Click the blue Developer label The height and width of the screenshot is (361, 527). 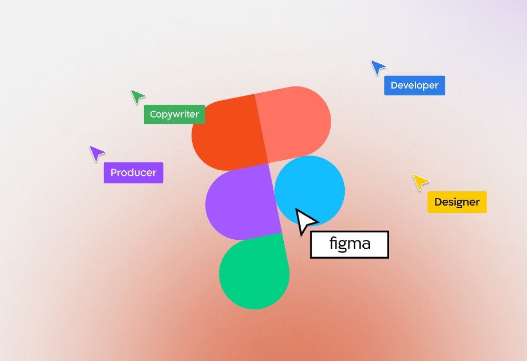pos(414,85)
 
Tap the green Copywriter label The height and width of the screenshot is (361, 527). pos(174,114)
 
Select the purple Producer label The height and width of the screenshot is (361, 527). pos(133,172)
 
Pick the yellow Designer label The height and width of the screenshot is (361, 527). pos(457,202)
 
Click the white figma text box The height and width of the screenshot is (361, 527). pos(350,245)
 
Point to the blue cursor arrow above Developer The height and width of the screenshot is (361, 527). pos(377,67)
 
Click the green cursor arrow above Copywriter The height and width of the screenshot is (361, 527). pos(137,96)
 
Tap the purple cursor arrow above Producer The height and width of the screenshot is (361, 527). pos(96,153)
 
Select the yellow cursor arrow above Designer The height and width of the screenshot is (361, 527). pos(420,182)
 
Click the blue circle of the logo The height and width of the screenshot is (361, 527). pos(310,191)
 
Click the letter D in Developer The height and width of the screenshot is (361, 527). pos(394,85)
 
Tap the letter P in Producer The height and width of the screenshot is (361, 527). pos(114,172)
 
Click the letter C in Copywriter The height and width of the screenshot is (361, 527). pos(153,114)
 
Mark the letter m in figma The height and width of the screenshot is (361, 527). pos(355,244)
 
